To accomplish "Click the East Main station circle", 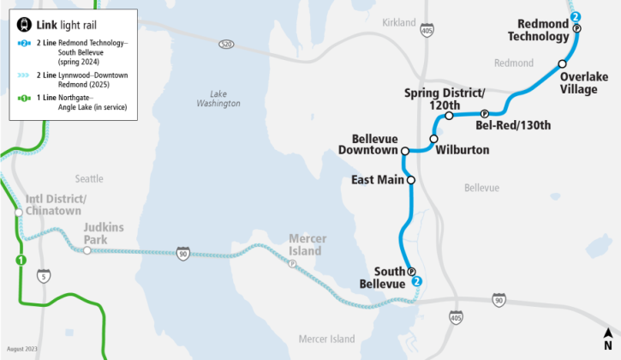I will pos(411,180).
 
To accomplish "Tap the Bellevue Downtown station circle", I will pos(405,151).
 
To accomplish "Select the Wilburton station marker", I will pos(433,139).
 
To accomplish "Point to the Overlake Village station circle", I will pos(563,64).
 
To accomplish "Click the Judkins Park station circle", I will pos(87,250).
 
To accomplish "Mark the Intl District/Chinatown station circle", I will pos(18,213).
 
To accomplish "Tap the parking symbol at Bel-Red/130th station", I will pos(484,114).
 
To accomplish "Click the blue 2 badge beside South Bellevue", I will pos(417,281).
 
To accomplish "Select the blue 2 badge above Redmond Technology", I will pos(576,16).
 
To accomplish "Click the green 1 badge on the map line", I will pos(21,260).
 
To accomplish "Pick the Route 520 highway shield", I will pos(226,44).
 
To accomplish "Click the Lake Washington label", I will pos(218,98).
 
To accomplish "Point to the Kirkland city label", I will pos(397,22).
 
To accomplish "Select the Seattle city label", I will pos(89,178).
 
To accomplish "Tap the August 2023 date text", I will pos(23,350).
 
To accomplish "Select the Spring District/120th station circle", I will pos(449,116).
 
